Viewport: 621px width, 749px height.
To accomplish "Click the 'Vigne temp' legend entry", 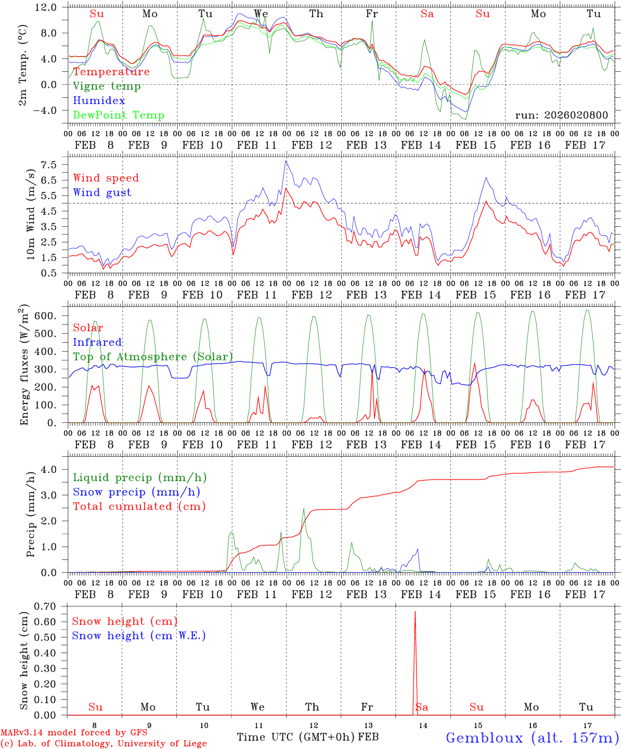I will click(107, 86).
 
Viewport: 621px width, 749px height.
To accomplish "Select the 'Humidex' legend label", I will click(99, 101).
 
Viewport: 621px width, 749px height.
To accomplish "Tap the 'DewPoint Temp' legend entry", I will click(119, 115).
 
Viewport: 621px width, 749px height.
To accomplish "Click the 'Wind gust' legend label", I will click(102, 192).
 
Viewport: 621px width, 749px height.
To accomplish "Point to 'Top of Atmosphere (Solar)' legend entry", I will click(153, 357).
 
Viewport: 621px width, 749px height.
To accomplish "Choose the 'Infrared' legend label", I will click(97, 342).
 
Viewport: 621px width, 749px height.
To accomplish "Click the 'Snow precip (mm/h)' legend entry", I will click(136, 492).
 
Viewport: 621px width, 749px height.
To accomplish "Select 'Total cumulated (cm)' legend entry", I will click(139, 507).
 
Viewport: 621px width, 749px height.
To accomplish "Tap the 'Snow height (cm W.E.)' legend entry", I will click(138, 636).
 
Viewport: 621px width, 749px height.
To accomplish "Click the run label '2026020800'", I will click(561, 115).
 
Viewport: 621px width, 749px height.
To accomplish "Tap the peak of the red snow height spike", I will click(415, 612).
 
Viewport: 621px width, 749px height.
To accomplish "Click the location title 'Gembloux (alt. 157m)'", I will click(532, 738).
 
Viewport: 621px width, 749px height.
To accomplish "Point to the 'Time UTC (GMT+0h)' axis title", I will click(296, 737).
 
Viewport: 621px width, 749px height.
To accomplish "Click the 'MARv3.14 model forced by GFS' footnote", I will click(74, 733).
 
